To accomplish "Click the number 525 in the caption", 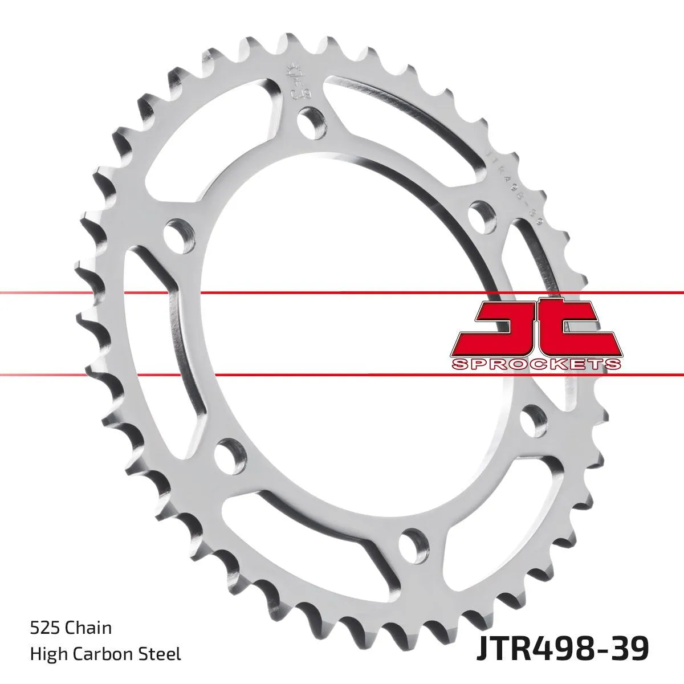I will (x=45, y=629).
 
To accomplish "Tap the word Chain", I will (x=88, y=629).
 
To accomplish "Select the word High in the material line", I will (x=46, y=654).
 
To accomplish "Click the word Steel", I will (x=164, y=654).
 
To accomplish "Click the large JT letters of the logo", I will (x=536, y=327).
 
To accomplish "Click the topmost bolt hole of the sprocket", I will (x=312, y=121).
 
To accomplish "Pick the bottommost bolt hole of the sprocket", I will (x=413, y=544).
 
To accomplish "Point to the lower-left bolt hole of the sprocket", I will (x=231, y=453).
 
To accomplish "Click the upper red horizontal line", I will (x=342, y=293).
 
